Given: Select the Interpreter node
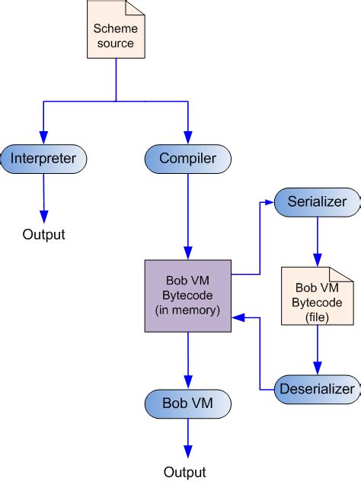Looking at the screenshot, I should [44, 159].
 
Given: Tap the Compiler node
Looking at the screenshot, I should [187, 159].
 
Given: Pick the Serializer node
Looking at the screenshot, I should [317, 202].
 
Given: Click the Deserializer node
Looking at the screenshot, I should [315, 389].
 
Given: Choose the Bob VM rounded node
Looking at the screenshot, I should [187, 402].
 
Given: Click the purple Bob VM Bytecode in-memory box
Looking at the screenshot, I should [187, 297].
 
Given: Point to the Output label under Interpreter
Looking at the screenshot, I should [43, 234].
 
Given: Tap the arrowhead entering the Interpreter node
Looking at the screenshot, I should [44, 138].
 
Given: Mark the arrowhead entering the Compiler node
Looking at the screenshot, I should [187, 138].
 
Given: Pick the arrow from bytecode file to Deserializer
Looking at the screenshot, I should [318, 355].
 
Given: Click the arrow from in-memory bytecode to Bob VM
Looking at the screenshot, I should [187, 358].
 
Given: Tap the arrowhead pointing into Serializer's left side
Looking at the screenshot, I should [269, 202].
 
